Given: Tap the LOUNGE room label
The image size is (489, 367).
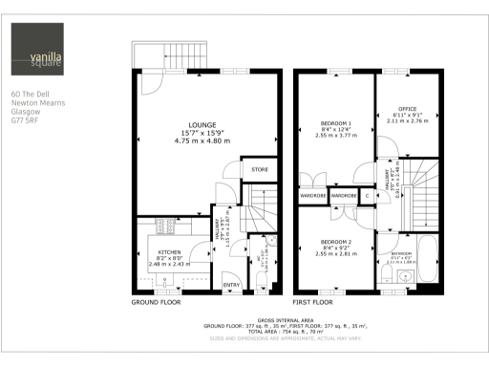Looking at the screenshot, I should point(201,125).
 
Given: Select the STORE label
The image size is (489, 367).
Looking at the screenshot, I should point(260,170).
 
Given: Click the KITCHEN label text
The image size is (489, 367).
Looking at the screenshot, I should point(168,252).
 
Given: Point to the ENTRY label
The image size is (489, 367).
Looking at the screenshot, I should point(230,285).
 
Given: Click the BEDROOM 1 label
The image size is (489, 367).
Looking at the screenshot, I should point(335,124).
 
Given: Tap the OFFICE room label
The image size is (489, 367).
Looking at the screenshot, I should point(408,111).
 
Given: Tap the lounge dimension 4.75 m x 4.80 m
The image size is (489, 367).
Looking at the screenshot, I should point(201,140).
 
